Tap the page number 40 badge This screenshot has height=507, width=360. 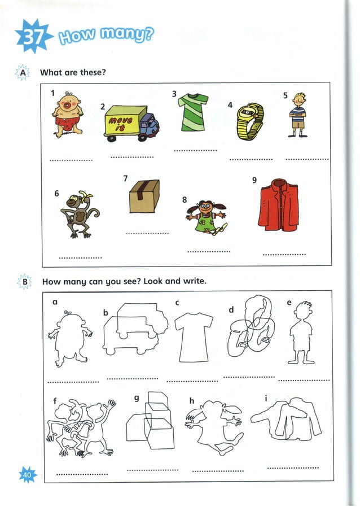click(x=28, y=475)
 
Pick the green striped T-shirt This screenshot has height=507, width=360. click(x=192, y=112)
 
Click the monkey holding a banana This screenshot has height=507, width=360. click(x=77, y=215)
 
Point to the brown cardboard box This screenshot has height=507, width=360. click(x=144, y=196)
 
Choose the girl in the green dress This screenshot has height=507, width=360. click(x=207, y=217)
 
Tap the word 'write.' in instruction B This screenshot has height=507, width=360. click(x=194, y=281)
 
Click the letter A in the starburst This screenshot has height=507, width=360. click(x=23, y=73)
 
